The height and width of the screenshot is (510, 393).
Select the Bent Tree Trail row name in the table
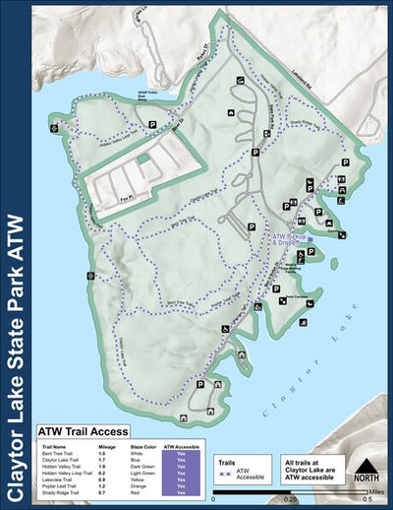pyautogui.click(x=59, y=452)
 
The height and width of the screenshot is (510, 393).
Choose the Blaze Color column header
pyautogui.click(x=147, y=445)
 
